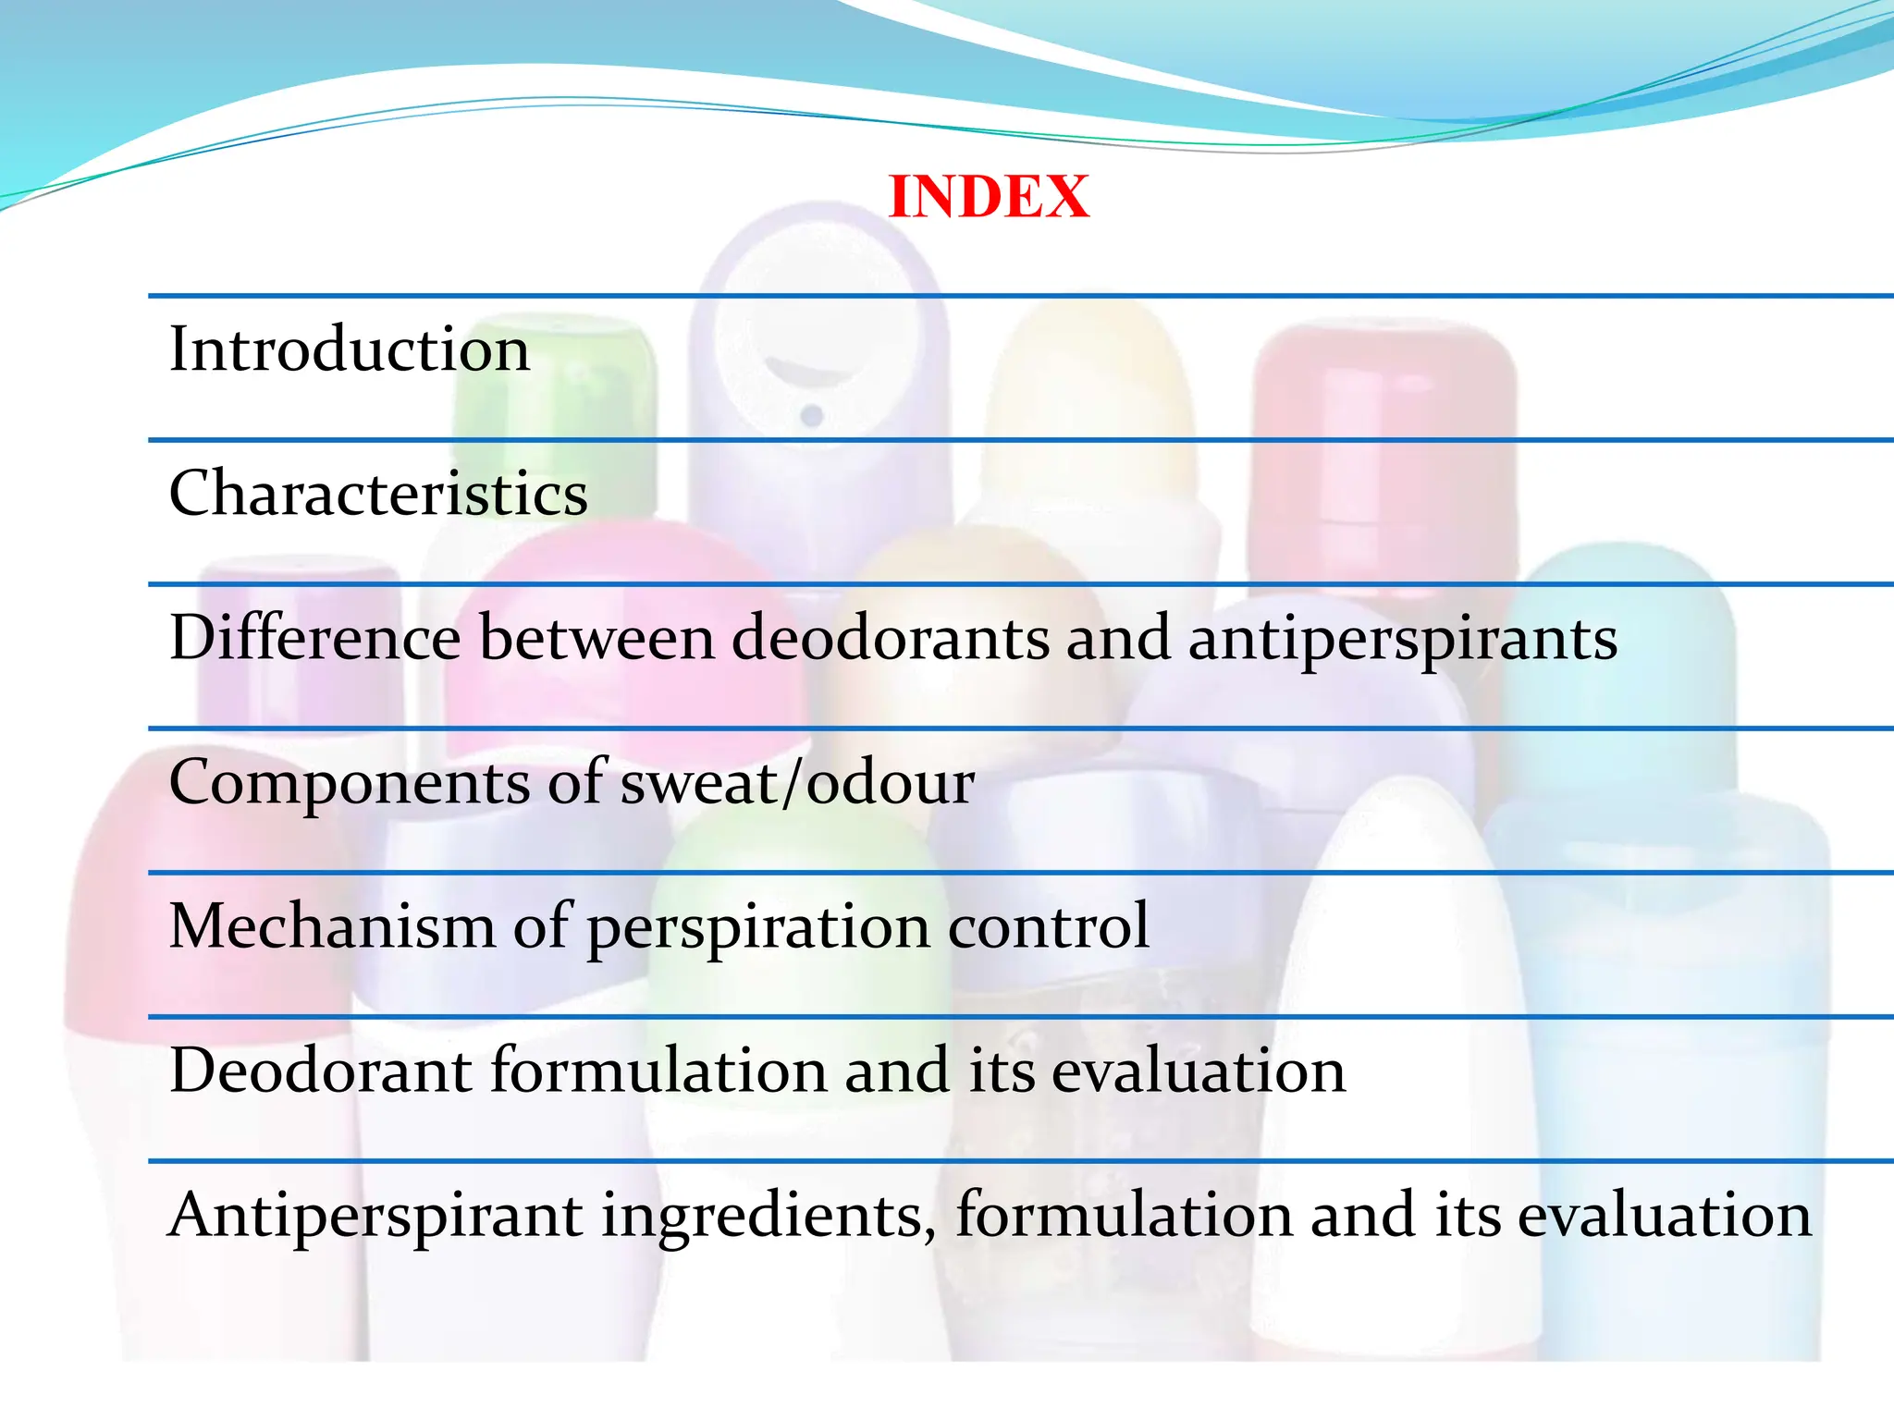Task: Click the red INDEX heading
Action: coord(989,197)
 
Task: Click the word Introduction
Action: coord(350,349)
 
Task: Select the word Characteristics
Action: coord(378,493)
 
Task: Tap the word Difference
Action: coord(314,638)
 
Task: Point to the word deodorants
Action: coord(891,638)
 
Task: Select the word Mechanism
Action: coord(332,925)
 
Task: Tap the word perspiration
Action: coord(758,927)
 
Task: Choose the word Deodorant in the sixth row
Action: coord(321,1071)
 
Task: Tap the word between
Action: coord(596,638)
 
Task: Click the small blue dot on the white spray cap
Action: coord(812,415)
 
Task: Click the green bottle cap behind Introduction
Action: coord(555,388)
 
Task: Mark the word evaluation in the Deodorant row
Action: coord(1199,1071)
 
